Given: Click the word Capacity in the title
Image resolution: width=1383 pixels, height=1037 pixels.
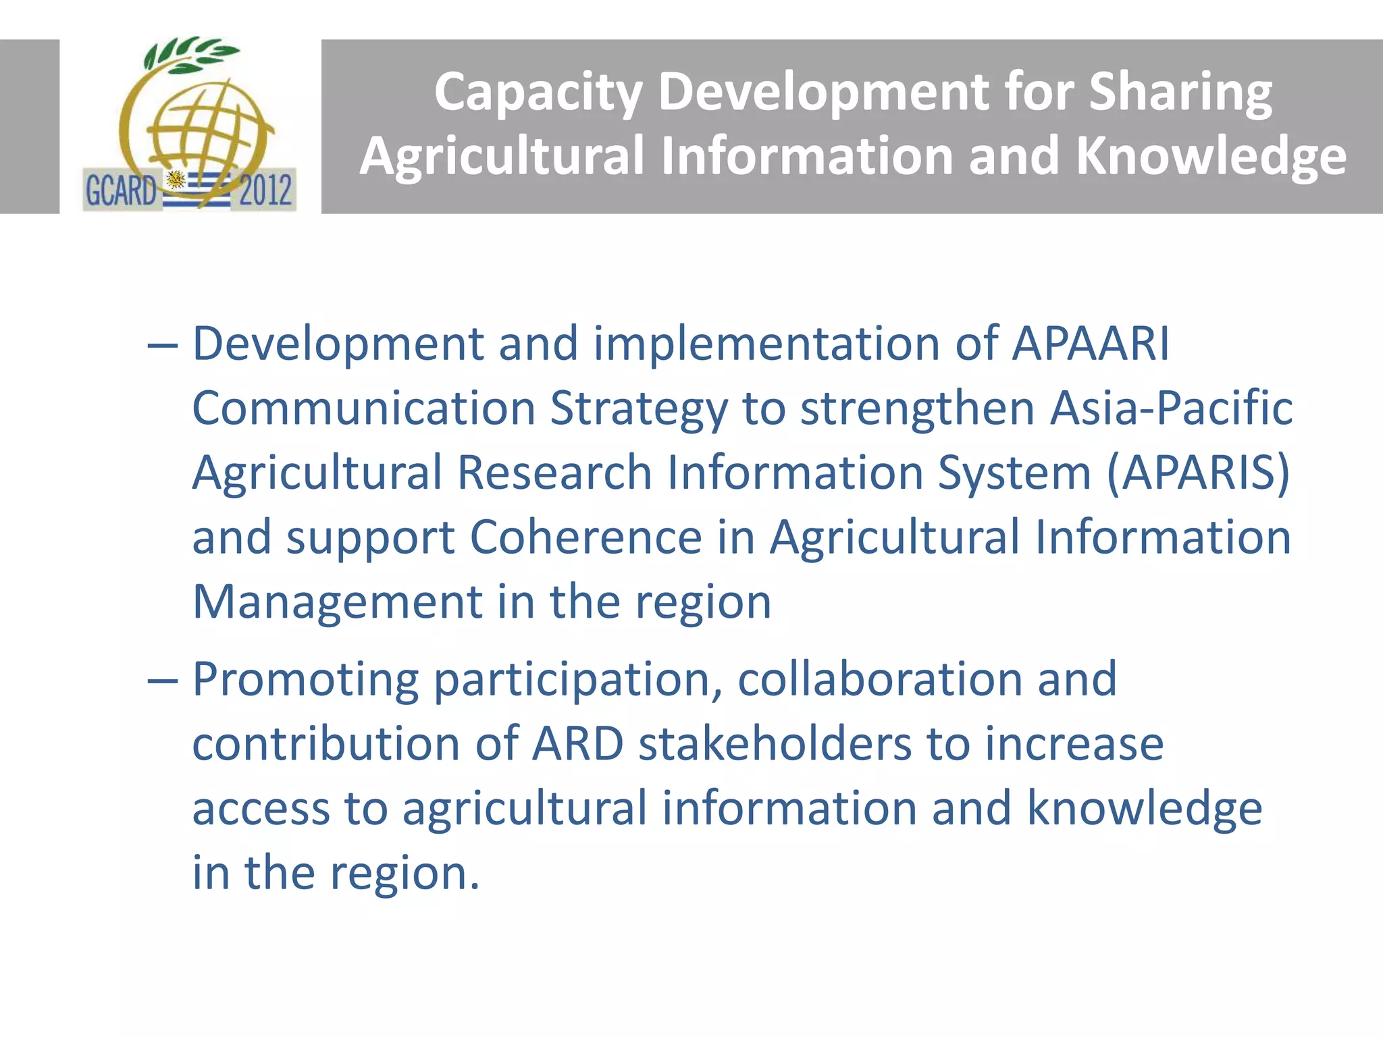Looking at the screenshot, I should point(538,93).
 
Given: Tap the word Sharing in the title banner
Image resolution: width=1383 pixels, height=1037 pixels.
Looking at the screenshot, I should point(1180,93).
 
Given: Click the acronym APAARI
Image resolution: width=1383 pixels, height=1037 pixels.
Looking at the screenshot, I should point(1091,344).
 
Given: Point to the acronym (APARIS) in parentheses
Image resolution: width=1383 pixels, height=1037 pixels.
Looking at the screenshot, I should point(1199,472).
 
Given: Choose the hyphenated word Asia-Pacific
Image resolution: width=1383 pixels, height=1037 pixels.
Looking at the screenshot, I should point(1172,408).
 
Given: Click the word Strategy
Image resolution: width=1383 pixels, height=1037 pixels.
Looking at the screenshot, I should point(639,409).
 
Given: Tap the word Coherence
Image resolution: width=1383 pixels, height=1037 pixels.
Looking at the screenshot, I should point(585,537).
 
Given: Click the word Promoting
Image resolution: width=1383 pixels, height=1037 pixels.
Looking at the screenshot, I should point(305,679).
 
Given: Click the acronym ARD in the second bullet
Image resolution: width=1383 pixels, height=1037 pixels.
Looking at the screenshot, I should point(578,743).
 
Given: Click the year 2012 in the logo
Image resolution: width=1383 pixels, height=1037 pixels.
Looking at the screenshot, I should point(265,190).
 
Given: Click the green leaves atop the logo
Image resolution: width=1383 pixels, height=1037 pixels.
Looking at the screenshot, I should point(190,54).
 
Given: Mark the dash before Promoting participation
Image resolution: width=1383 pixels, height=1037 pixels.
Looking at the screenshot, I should point(162,681).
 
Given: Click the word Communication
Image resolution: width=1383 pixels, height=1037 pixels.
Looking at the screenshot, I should point(364,408).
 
